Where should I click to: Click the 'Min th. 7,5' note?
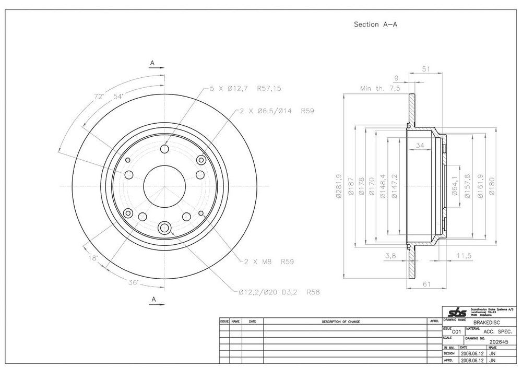(x=380, y=89)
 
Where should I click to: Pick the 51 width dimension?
(x=425, y=68)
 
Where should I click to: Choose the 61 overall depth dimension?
(x=428, y=284)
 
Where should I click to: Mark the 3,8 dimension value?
(x=389, y=256)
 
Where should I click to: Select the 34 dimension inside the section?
(x=420, y=145)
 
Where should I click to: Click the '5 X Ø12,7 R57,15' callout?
(x=245, y=89)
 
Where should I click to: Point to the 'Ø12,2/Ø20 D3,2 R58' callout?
(x=279, y=292)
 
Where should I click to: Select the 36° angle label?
(x=133, y=282)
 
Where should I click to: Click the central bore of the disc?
(x=164, y=186)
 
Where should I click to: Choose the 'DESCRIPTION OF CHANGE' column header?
(x=341, y=322)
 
